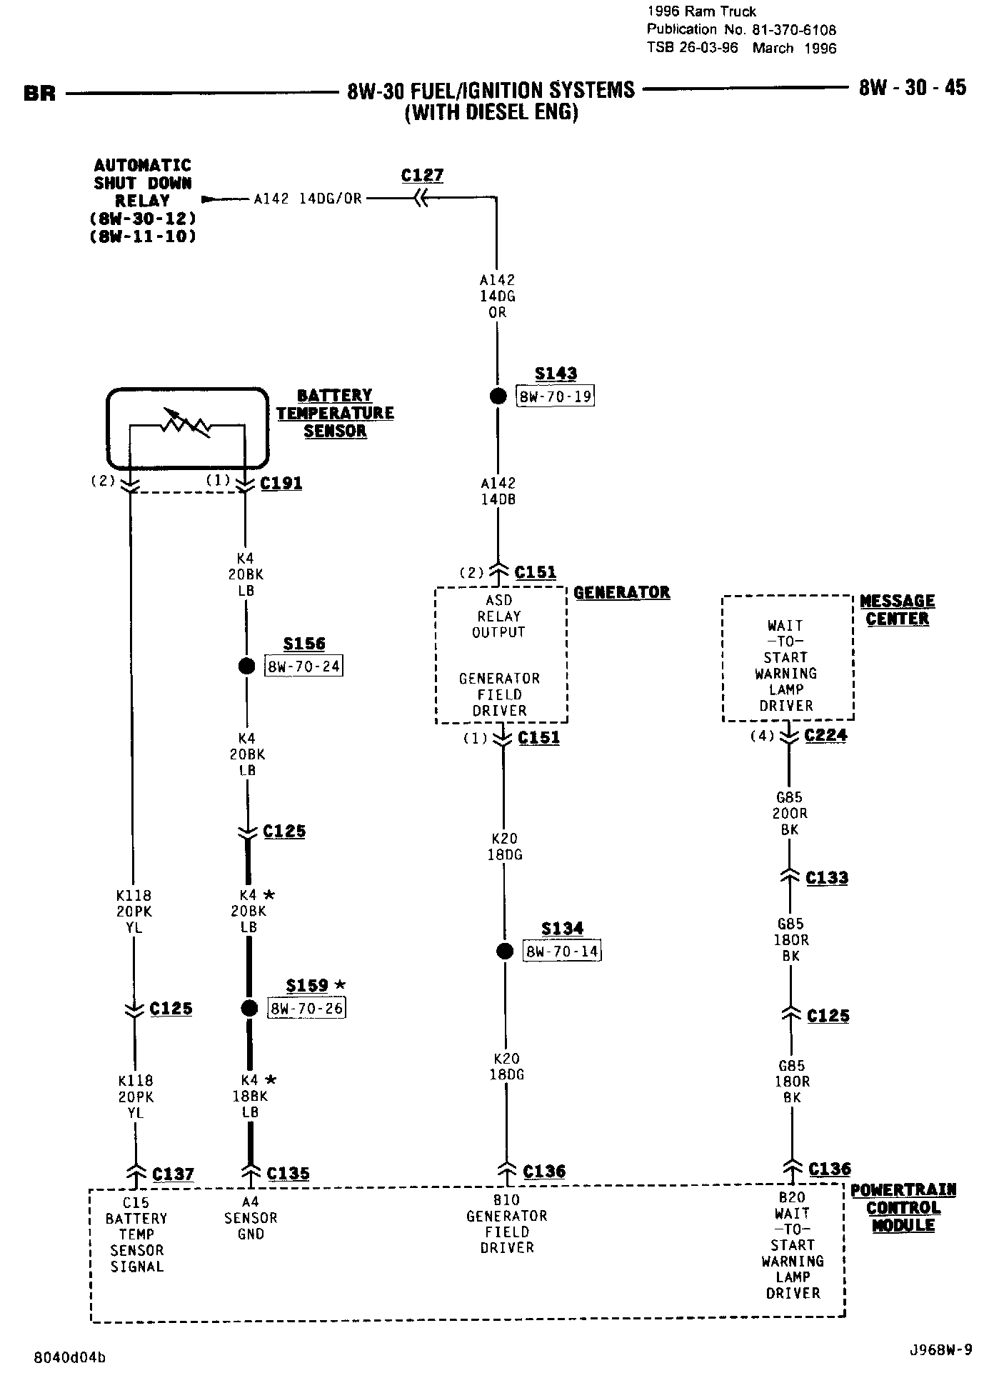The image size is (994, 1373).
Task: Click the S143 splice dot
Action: [498, 396]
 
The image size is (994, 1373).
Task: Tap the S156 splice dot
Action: [246, 666]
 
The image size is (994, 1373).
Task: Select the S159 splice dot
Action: [249, 1008]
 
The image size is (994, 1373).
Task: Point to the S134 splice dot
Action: [505, 951]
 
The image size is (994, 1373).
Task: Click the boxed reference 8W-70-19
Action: [556, 396]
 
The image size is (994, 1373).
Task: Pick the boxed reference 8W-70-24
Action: [304, 666]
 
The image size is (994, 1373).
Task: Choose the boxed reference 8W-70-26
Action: [306, 1008]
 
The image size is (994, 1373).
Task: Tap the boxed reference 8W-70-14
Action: [562, 952]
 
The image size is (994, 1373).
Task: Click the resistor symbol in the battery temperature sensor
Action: [186, 424]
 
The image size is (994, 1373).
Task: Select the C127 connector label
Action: [422, 176]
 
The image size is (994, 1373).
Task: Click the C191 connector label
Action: [281, 483]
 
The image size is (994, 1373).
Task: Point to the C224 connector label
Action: [825, 735]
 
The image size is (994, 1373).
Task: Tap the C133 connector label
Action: [827, 877]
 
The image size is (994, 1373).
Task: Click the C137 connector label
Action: [173, 1174]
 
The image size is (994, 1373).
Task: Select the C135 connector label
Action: [288, 1174]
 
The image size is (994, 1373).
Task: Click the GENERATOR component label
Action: [622, 592]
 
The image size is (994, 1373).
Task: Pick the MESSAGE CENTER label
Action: [897, 610]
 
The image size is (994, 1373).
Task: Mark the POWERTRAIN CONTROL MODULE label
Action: [903, 1207]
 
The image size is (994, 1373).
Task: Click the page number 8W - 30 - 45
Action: [912, 88]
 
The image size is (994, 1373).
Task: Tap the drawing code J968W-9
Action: [940, 1349]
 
